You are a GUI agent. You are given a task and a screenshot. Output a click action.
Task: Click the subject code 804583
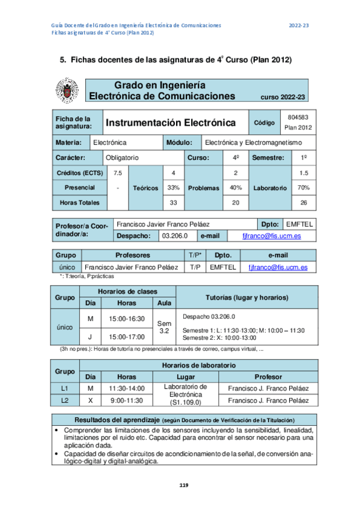pos(298,117)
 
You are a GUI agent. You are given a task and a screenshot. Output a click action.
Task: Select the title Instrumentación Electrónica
pos(170,123)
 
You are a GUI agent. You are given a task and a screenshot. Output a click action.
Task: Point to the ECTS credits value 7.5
pos(118,173)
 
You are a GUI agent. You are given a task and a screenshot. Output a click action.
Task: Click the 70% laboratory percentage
pos(303,188)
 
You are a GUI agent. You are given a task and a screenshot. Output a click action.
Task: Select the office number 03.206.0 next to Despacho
pos(175,236)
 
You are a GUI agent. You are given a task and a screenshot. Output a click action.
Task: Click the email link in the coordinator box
pos(271,236)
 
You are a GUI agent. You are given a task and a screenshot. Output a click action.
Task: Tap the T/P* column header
pos(194,255)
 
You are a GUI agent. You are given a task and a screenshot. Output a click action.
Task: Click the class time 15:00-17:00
pos(127,336)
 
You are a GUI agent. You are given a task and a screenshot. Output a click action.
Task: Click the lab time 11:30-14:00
pos(126,389)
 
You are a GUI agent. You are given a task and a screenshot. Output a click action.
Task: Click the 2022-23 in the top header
pos(299,25)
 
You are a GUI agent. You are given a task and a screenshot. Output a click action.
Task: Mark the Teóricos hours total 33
pos(174,203)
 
